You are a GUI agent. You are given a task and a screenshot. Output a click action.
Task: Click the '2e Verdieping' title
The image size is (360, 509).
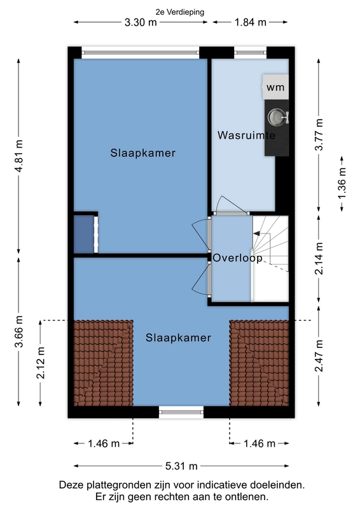click(x=180, y=12)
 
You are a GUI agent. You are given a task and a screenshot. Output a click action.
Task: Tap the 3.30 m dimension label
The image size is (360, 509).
click(x=141, y=22)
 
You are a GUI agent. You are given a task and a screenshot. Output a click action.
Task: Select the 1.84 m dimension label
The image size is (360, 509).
click(x=250, y=22)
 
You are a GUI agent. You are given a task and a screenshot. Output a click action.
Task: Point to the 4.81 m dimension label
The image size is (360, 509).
click(x=19, y=157)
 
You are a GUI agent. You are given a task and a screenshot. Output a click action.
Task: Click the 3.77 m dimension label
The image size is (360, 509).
click(x=319, y=134)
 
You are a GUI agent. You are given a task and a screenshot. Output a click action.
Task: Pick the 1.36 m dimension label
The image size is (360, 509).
click(x=342, y=183)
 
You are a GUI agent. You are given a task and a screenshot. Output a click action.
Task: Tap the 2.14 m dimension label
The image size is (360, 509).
click(x=319, y=259)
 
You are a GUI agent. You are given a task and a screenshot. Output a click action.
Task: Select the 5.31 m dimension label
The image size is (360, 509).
click(x=181, y=466)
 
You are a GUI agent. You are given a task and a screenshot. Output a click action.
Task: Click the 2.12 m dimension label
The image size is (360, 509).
click(x=41, y=363)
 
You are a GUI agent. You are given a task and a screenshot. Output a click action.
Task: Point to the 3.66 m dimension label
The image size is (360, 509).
click(x=19, y=331)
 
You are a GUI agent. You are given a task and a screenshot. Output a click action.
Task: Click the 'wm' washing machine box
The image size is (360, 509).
click(x=275, y=87)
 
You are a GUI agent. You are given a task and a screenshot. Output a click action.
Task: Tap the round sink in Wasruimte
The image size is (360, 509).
click(x=276, y=117)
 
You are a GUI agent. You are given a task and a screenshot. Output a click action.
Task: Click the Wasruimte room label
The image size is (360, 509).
click(x=246, y=135)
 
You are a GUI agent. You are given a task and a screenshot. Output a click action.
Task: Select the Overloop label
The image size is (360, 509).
click(x=238, y=258)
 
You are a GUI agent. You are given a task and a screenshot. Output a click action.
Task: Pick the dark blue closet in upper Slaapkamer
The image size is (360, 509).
click(x=84, y=234)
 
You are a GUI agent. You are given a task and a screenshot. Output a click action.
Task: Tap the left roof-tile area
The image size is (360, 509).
click(x=104, y=363)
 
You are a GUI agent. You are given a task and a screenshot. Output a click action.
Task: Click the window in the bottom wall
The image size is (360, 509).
click(x=181, y=412)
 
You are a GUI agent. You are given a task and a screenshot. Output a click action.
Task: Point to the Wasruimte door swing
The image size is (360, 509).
click(x=230, y=204)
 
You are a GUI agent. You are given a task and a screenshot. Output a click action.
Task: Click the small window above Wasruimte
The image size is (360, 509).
click(x=250, y=52)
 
